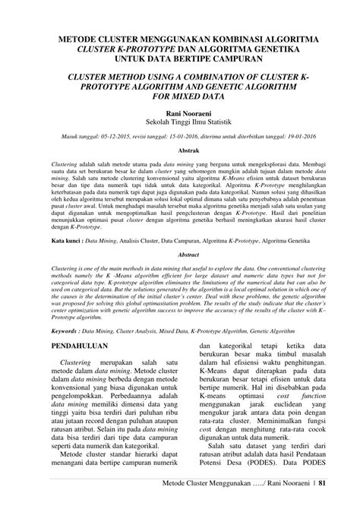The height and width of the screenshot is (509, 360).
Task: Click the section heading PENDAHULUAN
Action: click(x=81, y=343)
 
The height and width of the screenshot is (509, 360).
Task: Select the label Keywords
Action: click(x=67, y=331)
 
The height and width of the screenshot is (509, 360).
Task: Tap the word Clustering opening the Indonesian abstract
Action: click(x=65, y=165)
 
